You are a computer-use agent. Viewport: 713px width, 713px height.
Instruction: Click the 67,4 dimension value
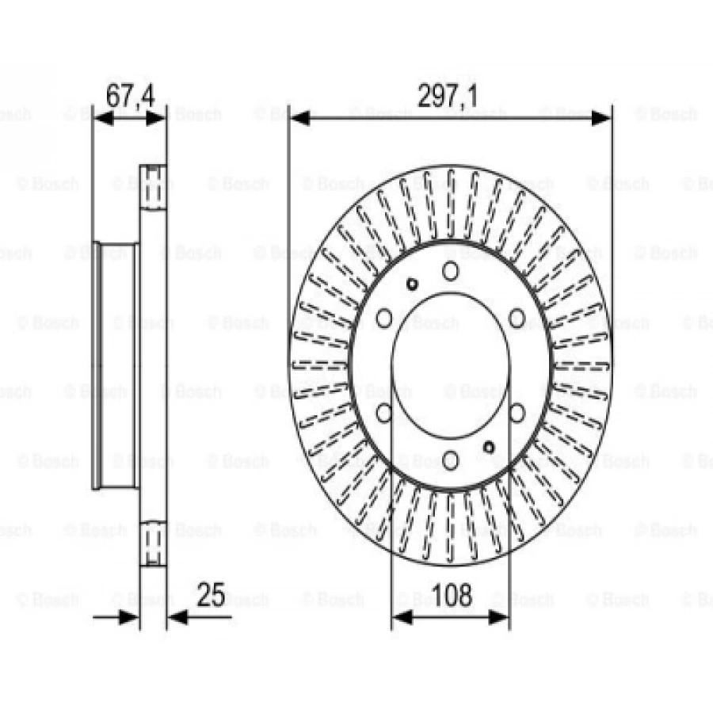tap(130, 97)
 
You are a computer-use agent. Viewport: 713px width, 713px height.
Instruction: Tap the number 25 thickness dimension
tap(211, 595)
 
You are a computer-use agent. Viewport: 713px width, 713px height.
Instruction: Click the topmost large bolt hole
tap(451, 271)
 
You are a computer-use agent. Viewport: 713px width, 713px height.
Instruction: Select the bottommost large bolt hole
tap(451, 459)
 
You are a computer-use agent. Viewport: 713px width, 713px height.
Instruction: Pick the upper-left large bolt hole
tap(384, 318)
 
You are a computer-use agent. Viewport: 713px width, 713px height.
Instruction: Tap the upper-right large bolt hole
tap(517, 318)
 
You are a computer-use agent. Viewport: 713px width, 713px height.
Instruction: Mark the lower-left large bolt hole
tap(384, 412)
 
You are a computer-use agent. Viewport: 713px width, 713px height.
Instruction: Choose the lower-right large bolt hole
tap(517, 412)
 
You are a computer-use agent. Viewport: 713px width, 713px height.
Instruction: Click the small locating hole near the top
tap(412, 284)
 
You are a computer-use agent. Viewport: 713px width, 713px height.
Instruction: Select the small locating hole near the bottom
tap(489, 447)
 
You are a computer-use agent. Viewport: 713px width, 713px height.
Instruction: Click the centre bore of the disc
tap(450, 365)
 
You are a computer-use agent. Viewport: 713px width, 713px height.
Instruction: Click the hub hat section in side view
tap(116, 365)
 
